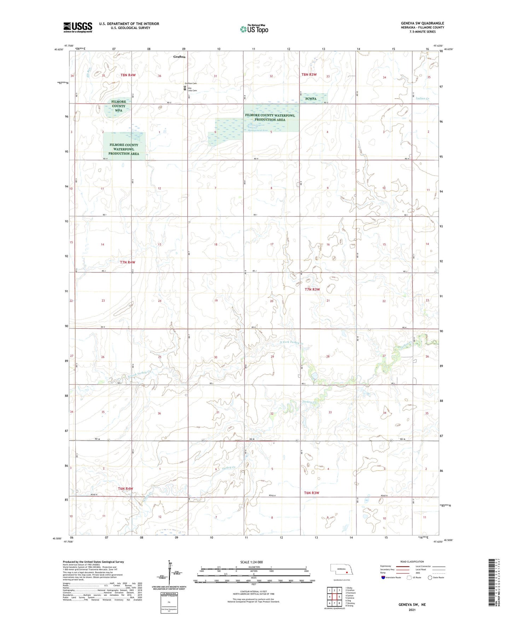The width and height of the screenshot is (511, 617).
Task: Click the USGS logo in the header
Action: (78, 27)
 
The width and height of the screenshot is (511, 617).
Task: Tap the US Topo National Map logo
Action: (254, 29)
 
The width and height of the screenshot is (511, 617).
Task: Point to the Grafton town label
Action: (179, 57)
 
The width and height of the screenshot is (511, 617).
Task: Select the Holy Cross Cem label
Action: (192, 89)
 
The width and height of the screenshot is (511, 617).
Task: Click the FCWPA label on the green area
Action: (311, 99)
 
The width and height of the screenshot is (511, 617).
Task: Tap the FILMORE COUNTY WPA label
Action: (118, 106)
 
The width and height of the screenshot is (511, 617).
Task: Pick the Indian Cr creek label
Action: (422, 99)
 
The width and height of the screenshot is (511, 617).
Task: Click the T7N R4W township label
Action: (127, 262)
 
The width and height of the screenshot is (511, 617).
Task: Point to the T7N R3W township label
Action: (312, 289)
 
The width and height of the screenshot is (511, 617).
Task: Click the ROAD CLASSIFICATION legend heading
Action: (412, 562)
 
